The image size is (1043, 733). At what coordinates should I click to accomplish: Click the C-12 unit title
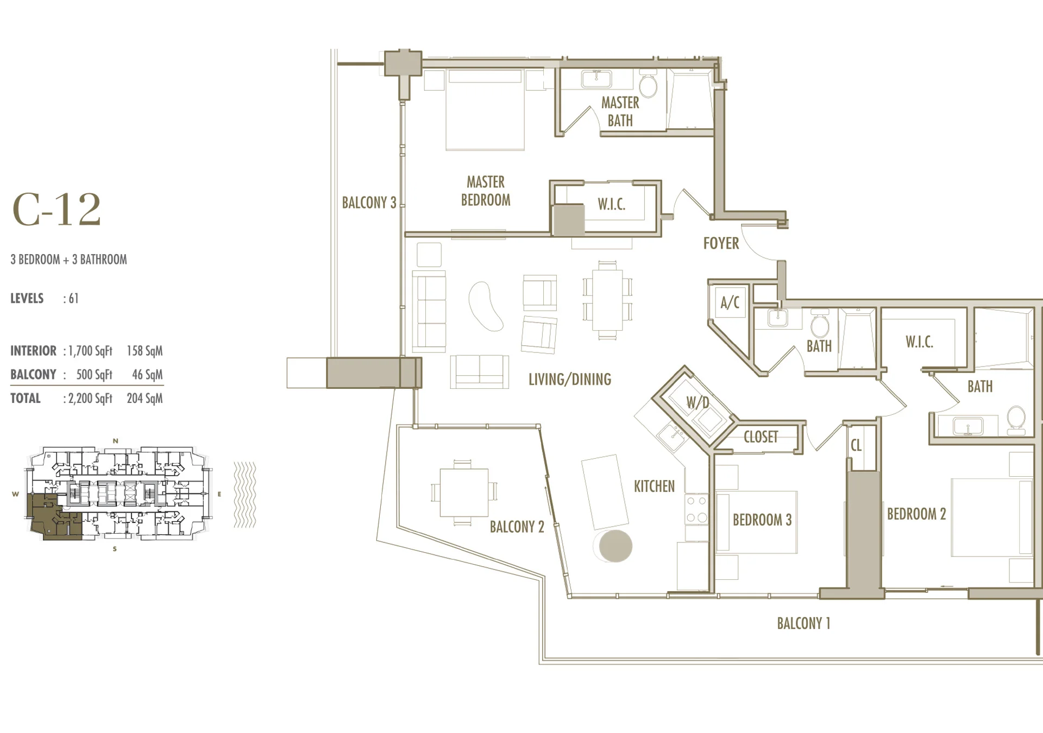pyautogui.click(x=56, y=210)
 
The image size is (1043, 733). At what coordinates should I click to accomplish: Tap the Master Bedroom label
pyautogui.click(x=486, y=191)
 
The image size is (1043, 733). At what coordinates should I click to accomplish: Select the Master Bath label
pyautogui.click(x=620, y=111)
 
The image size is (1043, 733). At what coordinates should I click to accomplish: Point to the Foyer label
pyautogui.click(x=721, y=243)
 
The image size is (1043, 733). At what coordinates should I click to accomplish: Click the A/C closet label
pyautogui.click(x=730, y=302)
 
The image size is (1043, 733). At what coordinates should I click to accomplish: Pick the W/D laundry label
pyautogui.click(x=698, y=402)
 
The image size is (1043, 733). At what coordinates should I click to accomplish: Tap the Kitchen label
pyautogui.click(x=654, y=486)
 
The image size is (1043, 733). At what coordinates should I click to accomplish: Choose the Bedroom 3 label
pyautogui.click(x=762, y=520)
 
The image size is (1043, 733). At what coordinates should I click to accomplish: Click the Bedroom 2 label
pyautogui.click(x=916, y=514)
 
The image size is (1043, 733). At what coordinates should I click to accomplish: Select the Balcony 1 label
pyautogui.click(x=803, y=623)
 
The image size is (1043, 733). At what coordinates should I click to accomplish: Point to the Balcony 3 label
pyautogui.click(x=369, y=203)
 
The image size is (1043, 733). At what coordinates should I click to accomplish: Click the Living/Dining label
pyautogui.click(x=570, y=379)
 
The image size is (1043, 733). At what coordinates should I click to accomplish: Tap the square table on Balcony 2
pyautogui.click(x=463, y=492)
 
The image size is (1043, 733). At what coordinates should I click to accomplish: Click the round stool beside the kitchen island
pyautogui.click(x=615, y=546)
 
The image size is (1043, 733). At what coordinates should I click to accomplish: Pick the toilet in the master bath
pyautogui.click(x=648, y=83)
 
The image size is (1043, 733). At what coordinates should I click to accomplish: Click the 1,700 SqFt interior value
pyautogui.click(x=90, y=351)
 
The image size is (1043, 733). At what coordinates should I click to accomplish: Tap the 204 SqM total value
pyautogui.click(x=144, y=399)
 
